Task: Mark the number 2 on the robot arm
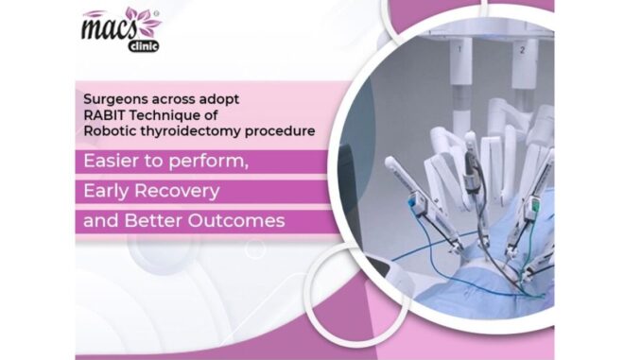click(521, 48)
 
